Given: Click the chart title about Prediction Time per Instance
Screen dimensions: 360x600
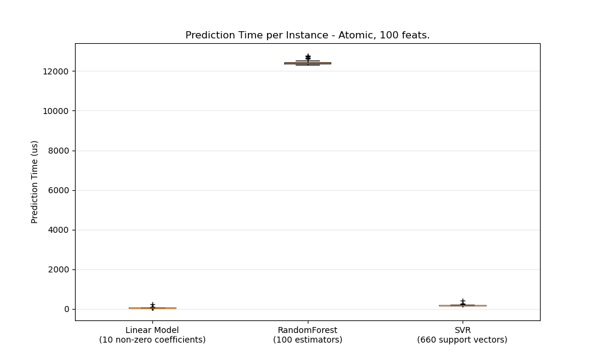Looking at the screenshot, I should coord(307,35).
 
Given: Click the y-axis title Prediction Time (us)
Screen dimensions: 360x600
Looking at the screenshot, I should coord(35,182).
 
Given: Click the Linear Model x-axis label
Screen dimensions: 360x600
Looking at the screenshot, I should coord(152,330).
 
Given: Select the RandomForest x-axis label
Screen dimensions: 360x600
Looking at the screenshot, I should coord(307,330).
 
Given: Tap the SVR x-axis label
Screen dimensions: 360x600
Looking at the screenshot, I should coord(462,330).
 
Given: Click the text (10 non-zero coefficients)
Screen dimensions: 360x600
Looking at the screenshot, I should coord(152,340).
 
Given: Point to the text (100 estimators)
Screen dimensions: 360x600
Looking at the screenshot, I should coord(307,340).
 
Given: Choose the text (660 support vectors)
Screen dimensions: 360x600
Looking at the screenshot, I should coord(462,340).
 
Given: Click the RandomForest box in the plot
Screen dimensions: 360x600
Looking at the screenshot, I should coord(307,63).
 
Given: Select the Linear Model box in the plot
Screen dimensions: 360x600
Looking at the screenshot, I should coord(152,308).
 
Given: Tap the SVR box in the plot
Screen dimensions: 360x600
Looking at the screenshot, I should coord(462,305).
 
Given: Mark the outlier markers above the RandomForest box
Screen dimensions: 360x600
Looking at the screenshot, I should coord(308,57).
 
